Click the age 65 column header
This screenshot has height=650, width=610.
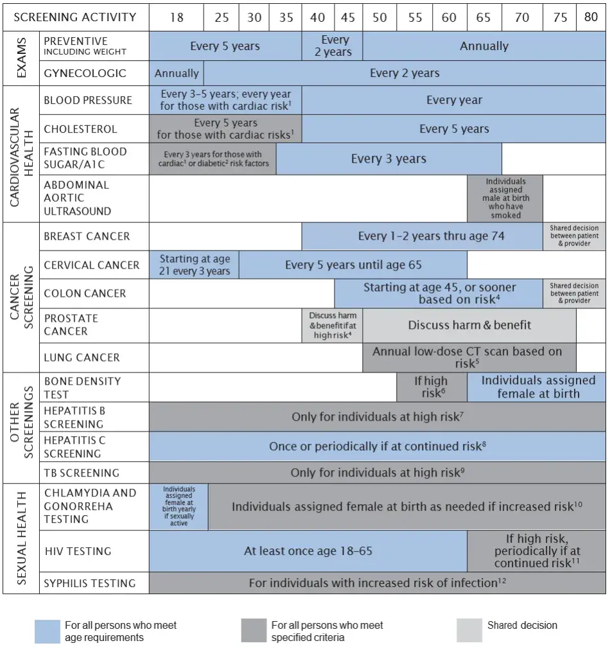pos(484,17)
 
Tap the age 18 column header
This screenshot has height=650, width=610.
pos(177,17)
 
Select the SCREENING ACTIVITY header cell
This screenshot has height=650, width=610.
pos(76,17)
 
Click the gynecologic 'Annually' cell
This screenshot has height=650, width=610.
pos(177,73)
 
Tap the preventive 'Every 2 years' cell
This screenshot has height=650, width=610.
pos(333,46)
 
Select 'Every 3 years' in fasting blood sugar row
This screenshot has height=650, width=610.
pos(388,159)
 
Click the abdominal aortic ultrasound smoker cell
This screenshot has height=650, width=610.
pos(505,198)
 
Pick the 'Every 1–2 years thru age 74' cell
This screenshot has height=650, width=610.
pos(423,236)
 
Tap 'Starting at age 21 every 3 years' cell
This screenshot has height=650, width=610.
pos(195,265)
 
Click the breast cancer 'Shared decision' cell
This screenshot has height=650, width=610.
pos(574,236)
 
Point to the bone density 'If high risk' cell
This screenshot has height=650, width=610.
pos(431,387)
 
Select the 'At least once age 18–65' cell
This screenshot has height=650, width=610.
pos(308,551)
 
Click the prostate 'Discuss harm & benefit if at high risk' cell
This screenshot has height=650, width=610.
pos(333,326)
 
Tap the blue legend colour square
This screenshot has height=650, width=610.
pos(48,631)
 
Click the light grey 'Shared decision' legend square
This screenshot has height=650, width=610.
pos(469,630)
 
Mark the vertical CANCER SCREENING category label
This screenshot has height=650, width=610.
pos(21,297)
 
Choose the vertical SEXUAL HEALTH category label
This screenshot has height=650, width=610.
pos(21,538)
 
